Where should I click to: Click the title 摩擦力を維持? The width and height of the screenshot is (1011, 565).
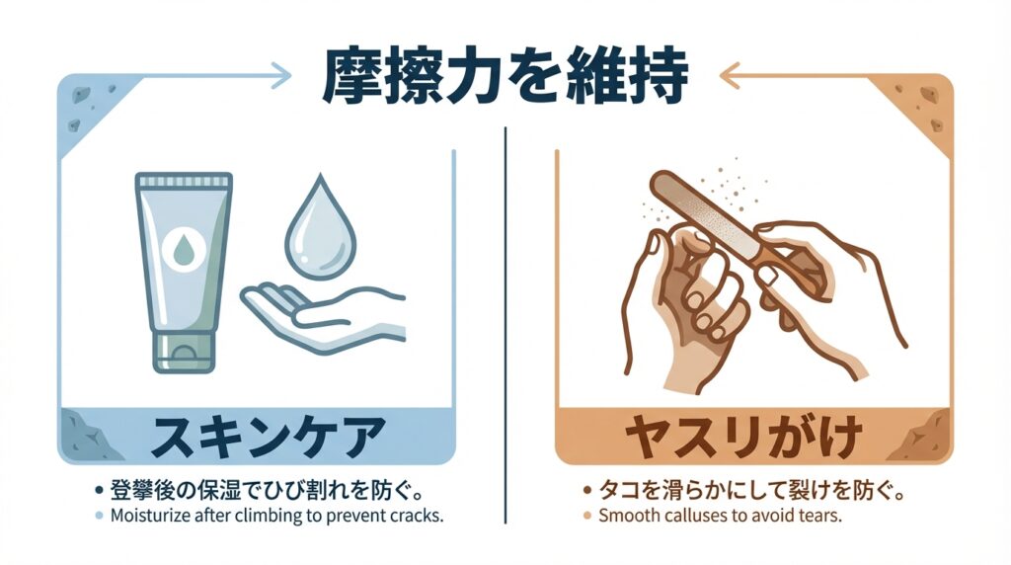point(505,75)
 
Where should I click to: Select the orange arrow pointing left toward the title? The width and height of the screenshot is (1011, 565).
point(792,75)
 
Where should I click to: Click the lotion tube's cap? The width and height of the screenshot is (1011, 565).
point(184,353)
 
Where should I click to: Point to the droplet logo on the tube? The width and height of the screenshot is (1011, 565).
point(184,248)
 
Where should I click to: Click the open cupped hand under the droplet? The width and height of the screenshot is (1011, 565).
point(323,316)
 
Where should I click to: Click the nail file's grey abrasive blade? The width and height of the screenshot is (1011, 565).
point(703,211)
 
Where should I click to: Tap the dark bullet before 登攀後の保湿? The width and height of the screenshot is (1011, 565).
point(99,491)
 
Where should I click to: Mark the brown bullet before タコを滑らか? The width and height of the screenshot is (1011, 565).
point(587,491)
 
